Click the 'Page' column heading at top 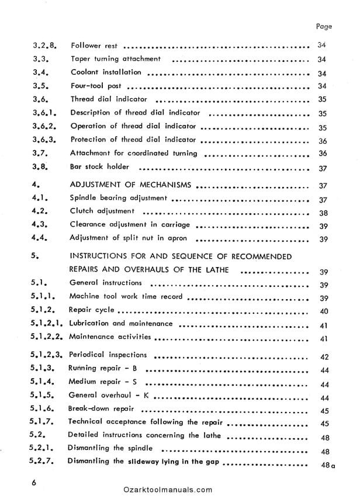tap(323, 26)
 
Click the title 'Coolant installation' tap(105, 72)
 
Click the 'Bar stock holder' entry tap(99, 168)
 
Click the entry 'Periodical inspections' tap(108, 355)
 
